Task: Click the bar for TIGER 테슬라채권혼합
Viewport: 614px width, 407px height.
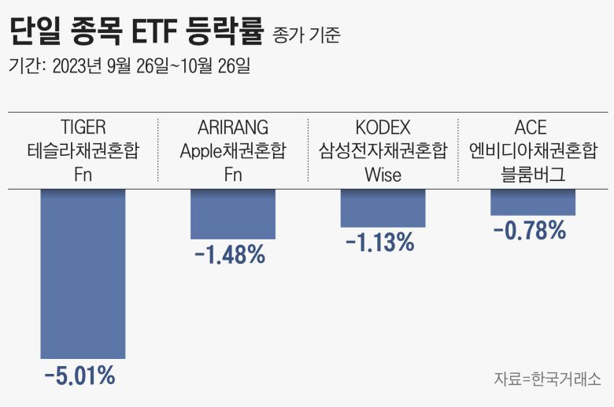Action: point(83,273)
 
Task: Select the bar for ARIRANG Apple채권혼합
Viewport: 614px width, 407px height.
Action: point(233,213)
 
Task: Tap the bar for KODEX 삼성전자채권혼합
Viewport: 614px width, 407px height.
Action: point(383,208)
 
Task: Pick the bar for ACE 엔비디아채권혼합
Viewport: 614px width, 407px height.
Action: point(533,202)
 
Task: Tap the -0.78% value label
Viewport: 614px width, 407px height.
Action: point(530,231)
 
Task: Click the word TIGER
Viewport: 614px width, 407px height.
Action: point(83,127)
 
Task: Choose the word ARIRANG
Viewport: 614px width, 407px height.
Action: point(233,127)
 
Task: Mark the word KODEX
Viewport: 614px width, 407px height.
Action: point(383,127)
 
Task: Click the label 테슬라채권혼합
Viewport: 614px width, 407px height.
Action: point(83,150)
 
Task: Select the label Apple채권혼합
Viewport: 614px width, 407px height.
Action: point(233,150)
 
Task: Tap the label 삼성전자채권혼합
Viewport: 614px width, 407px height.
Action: point(383,150)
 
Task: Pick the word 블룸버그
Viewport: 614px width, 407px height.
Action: point(533,174)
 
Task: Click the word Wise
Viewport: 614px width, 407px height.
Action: point(383,174)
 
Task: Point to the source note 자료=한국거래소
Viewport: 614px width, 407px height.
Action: point(548,378)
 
